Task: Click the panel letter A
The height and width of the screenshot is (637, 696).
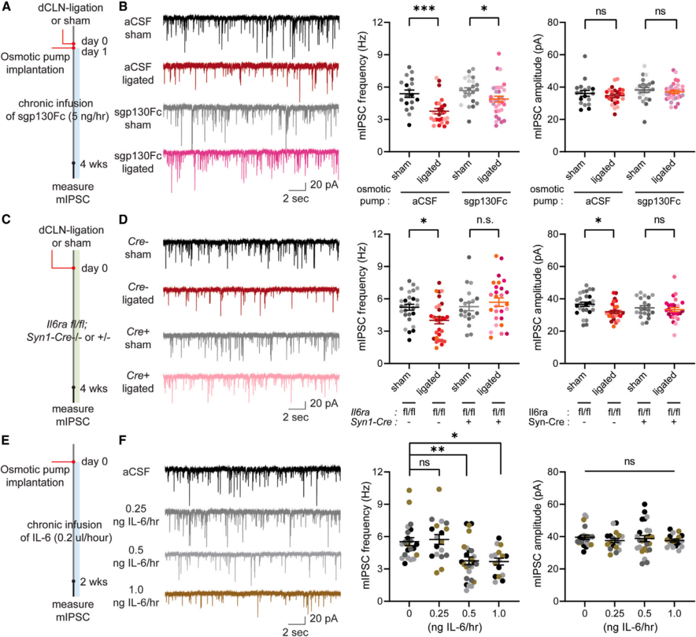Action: (6, 8)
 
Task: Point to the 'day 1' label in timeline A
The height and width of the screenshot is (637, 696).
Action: (93, 52)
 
